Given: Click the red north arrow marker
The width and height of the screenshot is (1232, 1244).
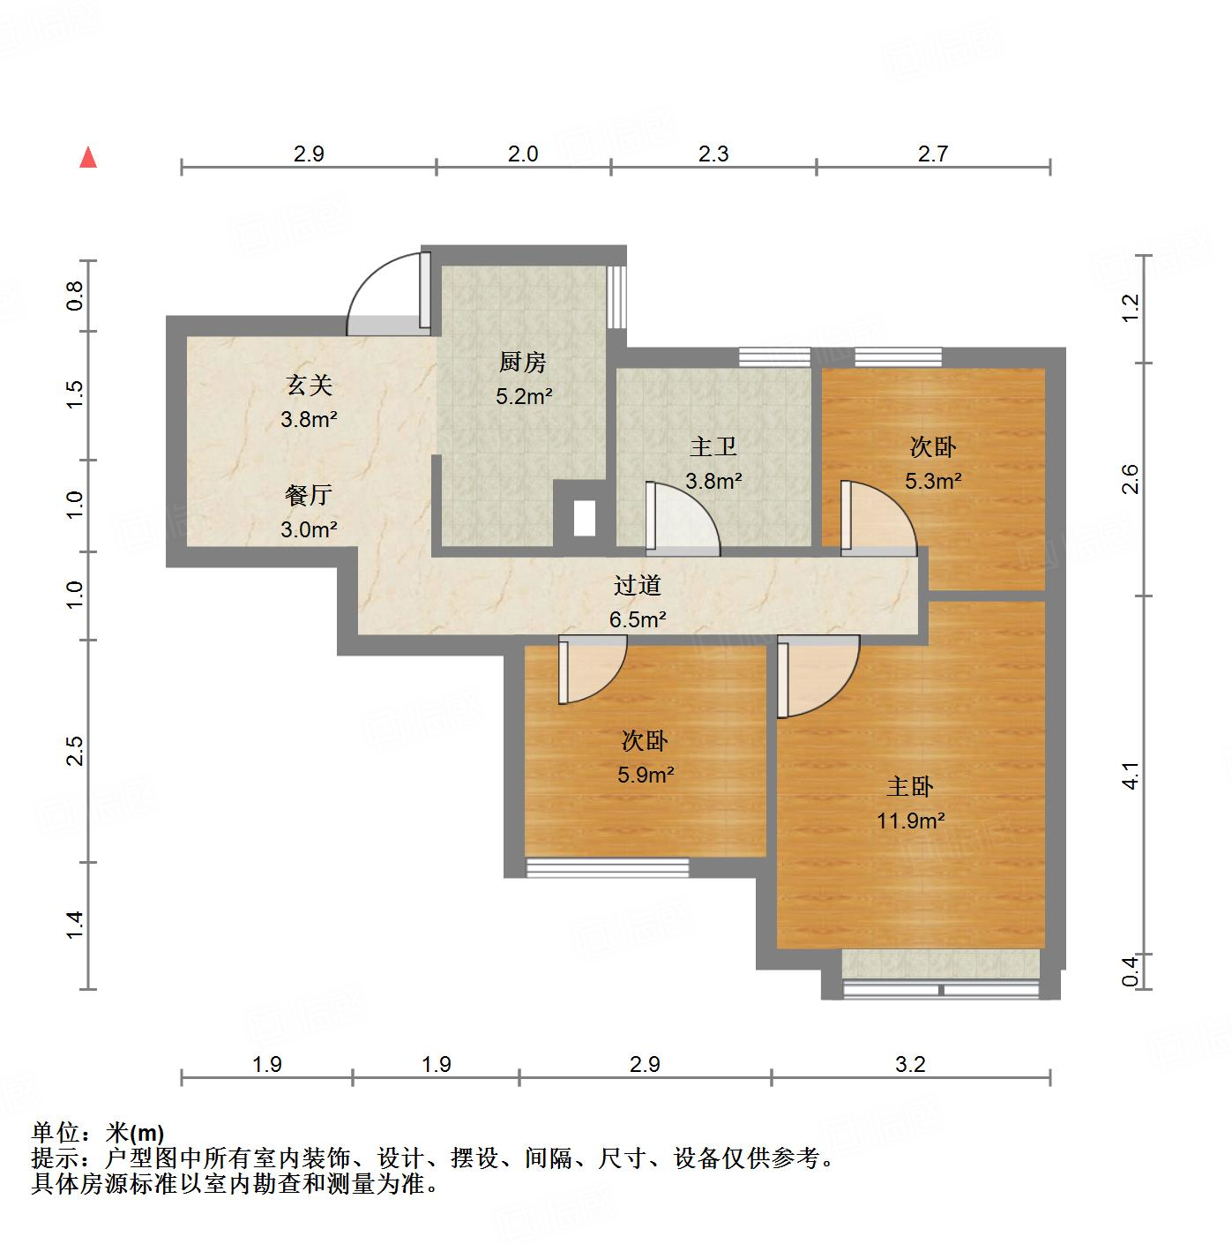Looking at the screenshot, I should (x=88, y=157).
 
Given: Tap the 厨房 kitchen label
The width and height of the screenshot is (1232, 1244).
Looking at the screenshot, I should (x=523, y=362).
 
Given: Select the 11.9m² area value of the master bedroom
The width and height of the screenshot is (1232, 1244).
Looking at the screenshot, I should (x=910, y=821).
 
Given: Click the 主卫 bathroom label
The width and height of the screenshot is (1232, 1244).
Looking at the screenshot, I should (x=713, y=447).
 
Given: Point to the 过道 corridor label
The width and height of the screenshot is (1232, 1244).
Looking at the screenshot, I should (x=637, y=585).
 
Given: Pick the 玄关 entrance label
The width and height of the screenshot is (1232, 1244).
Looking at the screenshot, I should (x=309, y=386).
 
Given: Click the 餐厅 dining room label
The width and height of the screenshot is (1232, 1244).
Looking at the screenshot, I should (x=309, y=495).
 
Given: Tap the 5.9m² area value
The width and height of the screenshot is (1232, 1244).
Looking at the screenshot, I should (x=646, y=775).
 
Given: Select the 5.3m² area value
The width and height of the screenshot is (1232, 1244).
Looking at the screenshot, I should (x=932, y=481).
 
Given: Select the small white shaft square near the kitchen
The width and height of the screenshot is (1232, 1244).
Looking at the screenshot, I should (x=584, y=518).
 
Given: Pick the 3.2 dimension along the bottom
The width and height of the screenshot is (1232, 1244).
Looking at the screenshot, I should (x=910, y=1064).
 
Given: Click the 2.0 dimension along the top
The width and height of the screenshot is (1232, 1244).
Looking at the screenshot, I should (x=523, y=154).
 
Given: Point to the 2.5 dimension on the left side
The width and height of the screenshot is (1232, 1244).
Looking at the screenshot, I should (x=75, y=750).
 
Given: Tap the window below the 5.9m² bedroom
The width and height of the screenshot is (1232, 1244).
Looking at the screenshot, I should (x=608, y=868).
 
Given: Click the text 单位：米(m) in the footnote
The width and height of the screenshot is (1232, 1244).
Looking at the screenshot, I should (x=98, y=1133).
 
